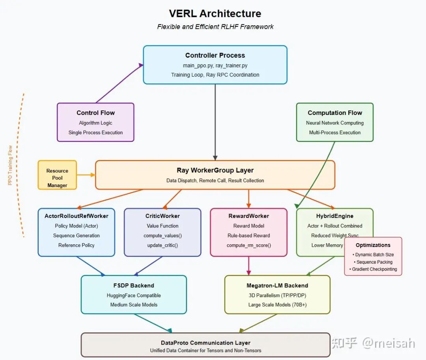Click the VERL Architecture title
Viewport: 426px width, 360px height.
click(215, 13)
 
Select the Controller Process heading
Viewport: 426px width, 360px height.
click(215, 55)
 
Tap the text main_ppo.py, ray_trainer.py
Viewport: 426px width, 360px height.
click(215, 65)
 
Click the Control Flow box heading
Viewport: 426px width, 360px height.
click(95, 113)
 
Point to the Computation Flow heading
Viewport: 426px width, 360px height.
click(334, 113)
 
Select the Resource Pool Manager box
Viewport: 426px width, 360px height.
click(57, 178)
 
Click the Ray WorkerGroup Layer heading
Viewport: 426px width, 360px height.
click(215, 171)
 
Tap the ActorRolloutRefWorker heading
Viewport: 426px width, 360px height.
click(77, 216)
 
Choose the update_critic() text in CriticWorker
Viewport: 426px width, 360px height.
click(163, 245)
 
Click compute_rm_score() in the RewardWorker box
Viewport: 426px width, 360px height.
click(248, 245)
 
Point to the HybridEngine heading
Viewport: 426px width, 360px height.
click(334, 216)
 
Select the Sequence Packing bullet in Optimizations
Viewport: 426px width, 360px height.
click(373, 262)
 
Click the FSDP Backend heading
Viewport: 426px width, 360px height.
click(134, 285)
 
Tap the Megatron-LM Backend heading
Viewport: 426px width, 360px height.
click(277, 285)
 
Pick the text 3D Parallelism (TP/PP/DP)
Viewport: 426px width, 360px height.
click(277, 295)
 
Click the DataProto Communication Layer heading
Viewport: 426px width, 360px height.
click(206, 343)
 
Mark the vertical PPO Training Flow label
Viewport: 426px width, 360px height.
click(10, 165)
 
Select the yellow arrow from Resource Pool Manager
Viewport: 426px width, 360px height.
click(86, 175)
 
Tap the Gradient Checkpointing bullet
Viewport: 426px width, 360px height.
click(373, 269)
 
